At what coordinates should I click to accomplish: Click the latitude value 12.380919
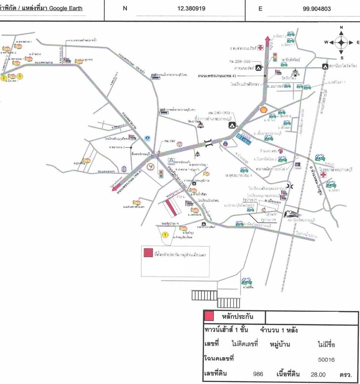coord(191,8)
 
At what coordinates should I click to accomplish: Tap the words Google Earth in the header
coord(65,8)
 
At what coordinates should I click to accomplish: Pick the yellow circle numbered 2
coord(4,78)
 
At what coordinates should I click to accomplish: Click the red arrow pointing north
coord(267,42)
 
